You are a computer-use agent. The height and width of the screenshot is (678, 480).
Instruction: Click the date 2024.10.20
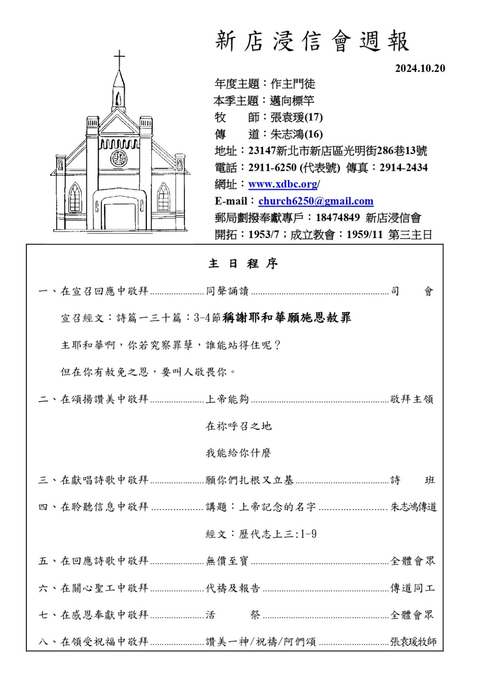(420, 69)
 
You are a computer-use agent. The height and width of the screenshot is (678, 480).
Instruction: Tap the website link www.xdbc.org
(283, 184)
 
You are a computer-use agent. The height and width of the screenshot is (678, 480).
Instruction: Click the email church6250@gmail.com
(315, 201)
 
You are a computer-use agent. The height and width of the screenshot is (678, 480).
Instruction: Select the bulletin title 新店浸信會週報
(312, 41)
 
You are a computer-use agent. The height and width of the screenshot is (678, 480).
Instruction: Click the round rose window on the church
(119, 158)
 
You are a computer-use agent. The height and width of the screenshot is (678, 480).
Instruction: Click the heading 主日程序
(243, 264)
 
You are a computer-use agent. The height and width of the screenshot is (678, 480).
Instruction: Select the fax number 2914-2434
(403, 168)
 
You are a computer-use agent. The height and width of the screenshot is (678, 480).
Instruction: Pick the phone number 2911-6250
(272, 168)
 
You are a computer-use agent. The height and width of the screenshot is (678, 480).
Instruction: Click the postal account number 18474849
(337, 218)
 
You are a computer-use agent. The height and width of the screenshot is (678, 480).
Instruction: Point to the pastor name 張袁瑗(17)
(296, 117)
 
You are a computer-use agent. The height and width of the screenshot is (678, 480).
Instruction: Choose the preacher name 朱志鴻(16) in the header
(296, 134)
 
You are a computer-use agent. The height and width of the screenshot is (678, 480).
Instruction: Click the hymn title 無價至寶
(227, 561)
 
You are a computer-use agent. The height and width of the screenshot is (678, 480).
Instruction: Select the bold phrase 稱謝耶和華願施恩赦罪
(287, 318)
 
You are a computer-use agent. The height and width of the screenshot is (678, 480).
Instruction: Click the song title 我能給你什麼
(239, 453)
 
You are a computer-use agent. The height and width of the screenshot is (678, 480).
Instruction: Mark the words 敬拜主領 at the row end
(411, 399)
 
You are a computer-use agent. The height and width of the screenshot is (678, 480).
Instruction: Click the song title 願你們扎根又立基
(249, 480)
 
